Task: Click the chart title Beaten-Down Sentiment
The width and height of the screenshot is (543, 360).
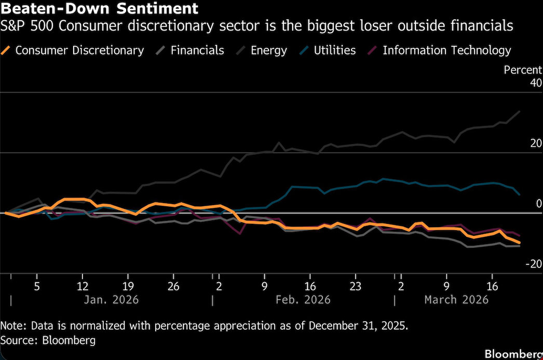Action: (x=99, y=9)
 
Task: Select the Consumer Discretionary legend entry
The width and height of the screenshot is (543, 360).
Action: (x=79, y=50)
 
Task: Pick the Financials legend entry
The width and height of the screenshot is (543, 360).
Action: (x=197, y=50)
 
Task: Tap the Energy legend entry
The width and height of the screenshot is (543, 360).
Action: (x=268, y=50)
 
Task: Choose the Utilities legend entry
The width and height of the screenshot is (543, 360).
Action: (x=335, y=50)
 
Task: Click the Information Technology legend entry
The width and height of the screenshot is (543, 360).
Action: (x=446, y=50)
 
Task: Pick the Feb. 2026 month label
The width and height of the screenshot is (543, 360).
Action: (x=303, y=300)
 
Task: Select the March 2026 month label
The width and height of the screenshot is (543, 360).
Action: (x=456, y=300)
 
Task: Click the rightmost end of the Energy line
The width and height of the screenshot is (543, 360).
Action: (x=520, y=112)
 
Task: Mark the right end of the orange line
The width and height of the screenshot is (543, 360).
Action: (x=519, y=243)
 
